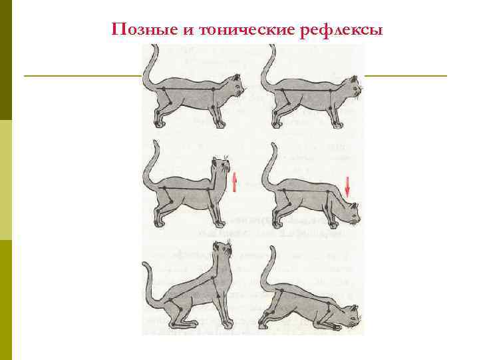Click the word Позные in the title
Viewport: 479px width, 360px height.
pyautogui.click(x=145, y=30)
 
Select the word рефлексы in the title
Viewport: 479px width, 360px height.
pyautogui.click(x=341, y=31)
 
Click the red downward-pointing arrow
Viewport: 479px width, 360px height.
pyautogui.click(x=347, y=186)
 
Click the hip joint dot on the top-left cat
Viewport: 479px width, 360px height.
pyautogui.click(x=164, y=89)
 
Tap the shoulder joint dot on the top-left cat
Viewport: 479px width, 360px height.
pyautogui.click(x=214, y=89)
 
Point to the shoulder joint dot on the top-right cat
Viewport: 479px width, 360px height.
pyautogui.click(x=330, y=90)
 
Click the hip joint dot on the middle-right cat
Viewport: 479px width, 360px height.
pyautogui.click(x=284, y=191)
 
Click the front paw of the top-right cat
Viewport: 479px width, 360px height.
pyautogui.click(x=337, y=124)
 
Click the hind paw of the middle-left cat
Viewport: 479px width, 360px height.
pyautogui.click(x=159, y=223)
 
